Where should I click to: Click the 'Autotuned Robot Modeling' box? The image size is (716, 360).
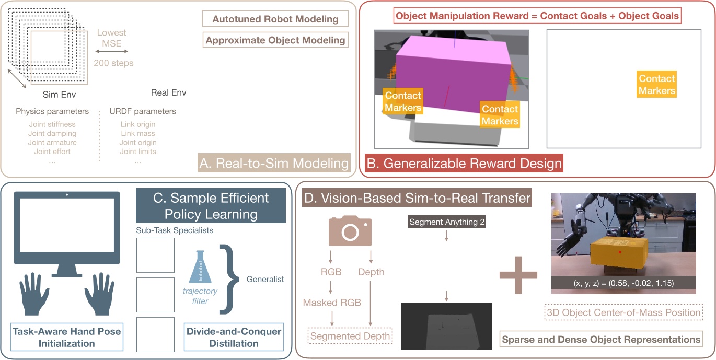[x=275, y=19]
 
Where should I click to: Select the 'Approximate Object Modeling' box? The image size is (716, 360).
[x=275, y=40]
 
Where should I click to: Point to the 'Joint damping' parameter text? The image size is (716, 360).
[x=52, y=133]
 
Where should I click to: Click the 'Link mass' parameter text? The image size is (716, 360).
[x=137, y=133]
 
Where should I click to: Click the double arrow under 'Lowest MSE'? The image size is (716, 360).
[x=111, y=52]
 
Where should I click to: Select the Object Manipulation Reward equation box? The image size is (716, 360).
[x=537, y=16]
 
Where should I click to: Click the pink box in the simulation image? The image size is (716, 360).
[x=452, y=73]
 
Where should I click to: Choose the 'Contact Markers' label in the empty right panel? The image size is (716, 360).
[x=656, y=85]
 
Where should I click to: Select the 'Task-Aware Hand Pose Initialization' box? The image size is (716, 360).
[x=67, y=338]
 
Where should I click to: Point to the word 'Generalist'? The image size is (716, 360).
[x=265, y=279]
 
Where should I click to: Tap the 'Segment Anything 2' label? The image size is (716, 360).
[x=447, y=222]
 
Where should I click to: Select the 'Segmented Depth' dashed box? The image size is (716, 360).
[x=350, y=336]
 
